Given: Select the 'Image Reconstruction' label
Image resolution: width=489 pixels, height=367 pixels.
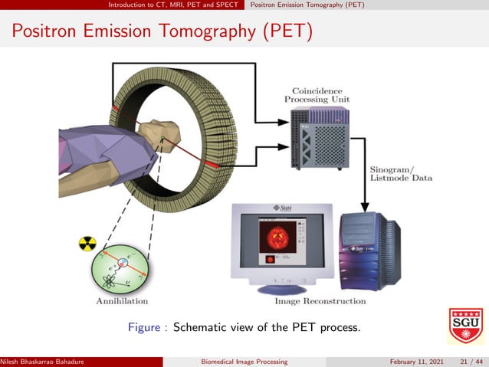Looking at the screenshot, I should pos(320,301).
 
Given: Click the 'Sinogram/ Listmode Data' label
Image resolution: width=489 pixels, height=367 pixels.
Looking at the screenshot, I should pos(401,173).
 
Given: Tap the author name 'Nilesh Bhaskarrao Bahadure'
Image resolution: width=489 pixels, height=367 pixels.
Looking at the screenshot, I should pos(42,362).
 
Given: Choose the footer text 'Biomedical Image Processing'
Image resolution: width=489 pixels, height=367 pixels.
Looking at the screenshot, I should pos(243,362).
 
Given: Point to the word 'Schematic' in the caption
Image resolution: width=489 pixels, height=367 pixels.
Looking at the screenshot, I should pos(202,327).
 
